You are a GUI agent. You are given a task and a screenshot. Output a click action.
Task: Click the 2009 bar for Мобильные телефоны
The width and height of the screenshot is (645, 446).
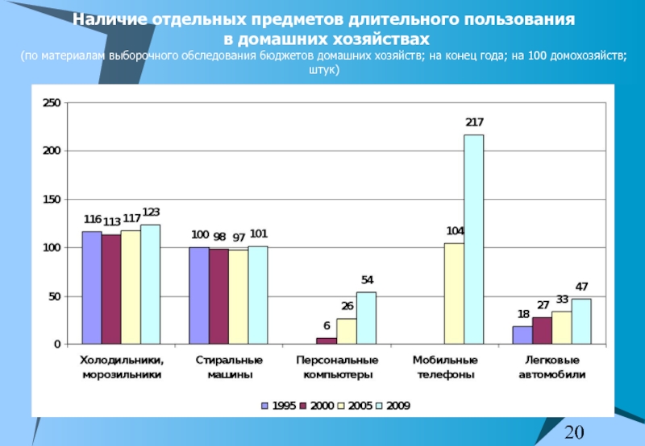(473, 239)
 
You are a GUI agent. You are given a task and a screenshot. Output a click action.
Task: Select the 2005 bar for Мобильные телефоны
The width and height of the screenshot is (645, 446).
(454, 294)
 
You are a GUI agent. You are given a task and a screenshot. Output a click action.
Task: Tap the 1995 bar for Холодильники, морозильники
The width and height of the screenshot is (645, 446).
(92, 288)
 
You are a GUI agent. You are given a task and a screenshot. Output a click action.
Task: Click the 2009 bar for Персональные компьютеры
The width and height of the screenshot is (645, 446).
(366, 318)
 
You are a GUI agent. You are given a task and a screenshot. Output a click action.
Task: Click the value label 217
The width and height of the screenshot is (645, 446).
(474, 122)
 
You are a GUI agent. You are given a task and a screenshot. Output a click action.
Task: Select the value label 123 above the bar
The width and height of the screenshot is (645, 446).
(151, 213)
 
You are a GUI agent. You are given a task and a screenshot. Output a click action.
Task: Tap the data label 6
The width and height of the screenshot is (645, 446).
(327, 326)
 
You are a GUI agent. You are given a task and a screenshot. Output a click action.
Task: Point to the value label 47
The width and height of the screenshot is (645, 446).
(581, 287)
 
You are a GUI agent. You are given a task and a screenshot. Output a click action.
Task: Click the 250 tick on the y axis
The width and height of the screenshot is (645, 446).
(52, 103)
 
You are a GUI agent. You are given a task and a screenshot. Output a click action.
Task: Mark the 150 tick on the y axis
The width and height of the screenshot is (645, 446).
(52, 200)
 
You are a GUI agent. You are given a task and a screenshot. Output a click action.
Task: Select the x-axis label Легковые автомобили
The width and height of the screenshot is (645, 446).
(552, 367)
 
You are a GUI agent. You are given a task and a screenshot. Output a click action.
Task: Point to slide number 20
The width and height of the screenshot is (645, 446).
(574, 432)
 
